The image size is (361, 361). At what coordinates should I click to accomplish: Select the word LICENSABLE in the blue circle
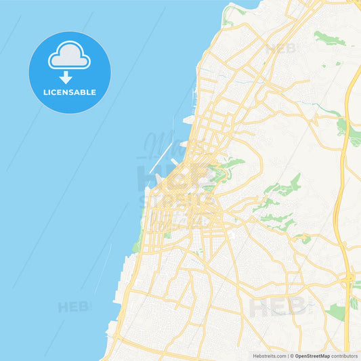pos(70,92)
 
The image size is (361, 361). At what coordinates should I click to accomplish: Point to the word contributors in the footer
pos(345,356)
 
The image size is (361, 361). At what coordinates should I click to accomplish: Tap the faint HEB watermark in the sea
pos(73,307)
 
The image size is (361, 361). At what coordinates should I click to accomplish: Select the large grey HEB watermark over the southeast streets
pos(278,307)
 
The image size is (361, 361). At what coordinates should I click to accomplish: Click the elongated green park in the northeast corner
pos(328,38)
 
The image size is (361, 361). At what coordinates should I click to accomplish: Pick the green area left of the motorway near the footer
pos(336,311)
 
